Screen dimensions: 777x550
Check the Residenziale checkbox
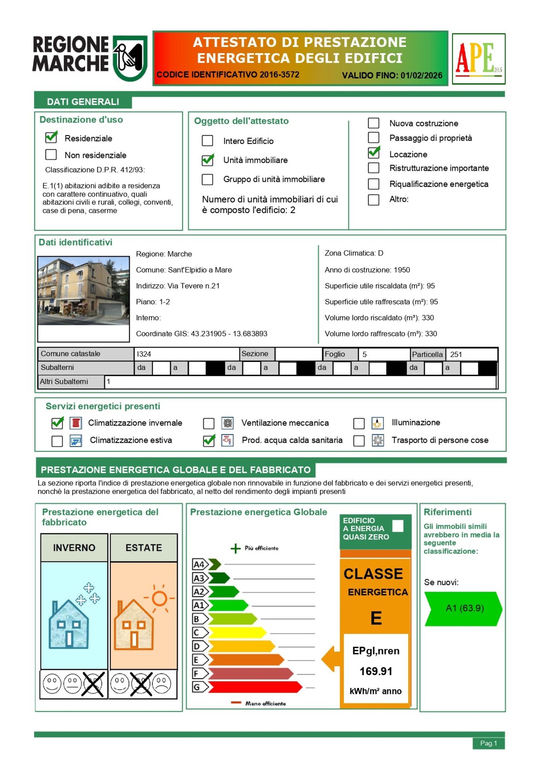[x=51, y=137]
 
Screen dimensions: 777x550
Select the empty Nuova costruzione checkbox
[x=374, y=123]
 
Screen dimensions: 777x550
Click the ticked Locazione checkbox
[x=374, y=153]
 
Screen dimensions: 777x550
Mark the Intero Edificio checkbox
[x=207, y=141]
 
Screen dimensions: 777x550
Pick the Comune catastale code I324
[x=144, y=354]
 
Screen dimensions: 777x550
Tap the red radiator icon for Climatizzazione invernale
[x=76, y=423]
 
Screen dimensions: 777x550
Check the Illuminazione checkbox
[x=359, y=423]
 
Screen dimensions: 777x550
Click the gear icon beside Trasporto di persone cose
[x=378, y=440]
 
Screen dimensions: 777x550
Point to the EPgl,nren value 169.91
[x=376, y=671]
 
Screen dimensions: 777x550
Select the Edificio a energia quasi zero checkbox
[x=398, y=526]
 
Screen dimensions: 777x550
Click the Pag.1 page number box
[x=488, y=743]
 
